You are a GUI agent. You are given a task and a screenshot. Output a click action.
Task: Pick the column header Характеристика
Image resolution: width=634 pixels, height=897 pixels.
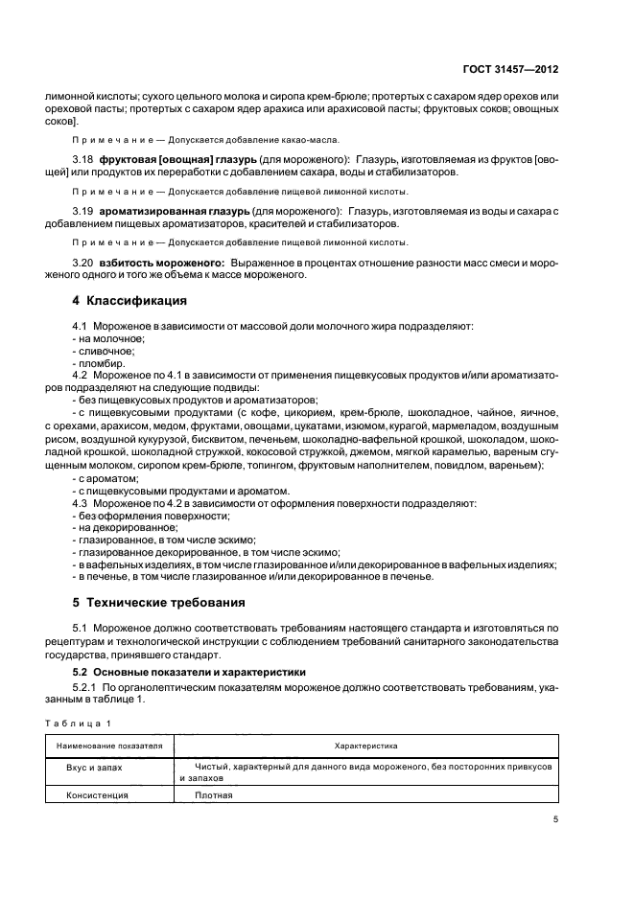point(365,745)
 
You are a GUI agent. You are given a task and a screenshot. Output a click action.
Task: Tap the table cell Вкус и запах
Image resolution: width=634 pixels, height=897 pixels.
point(94,768)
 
